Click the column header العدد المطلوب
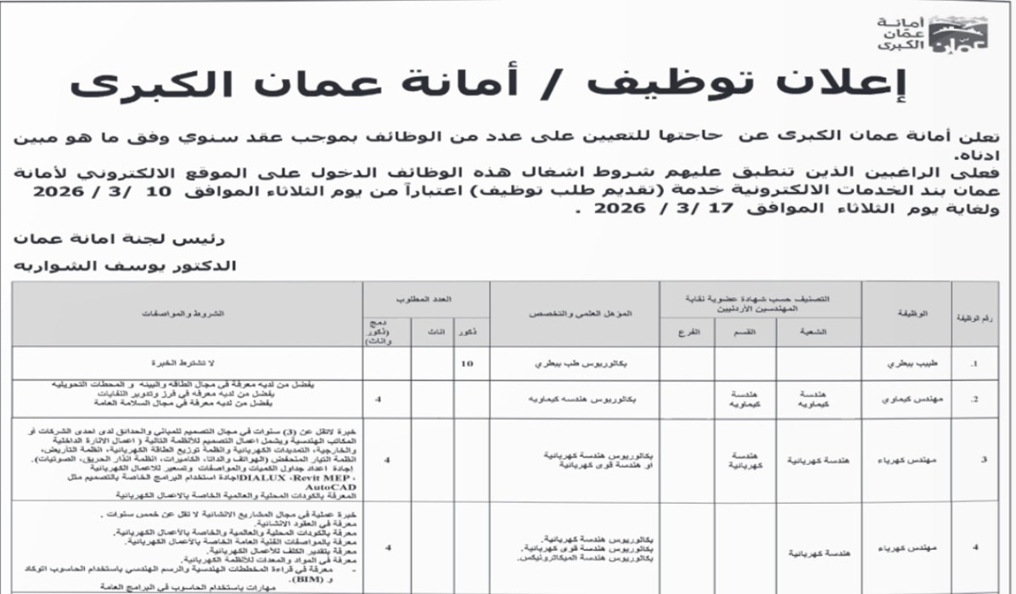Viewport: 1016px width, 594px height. (426, 300)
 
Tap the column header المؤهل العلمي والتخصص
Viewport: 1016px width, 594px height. (575, 314)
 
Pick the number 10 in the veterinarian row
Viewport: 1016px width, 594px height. (465, 363)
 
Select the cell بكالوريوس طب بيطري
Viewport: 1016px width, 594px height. (575, 363)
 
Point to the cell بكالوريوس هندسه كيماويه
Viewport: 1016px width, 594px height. (575, 398)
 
